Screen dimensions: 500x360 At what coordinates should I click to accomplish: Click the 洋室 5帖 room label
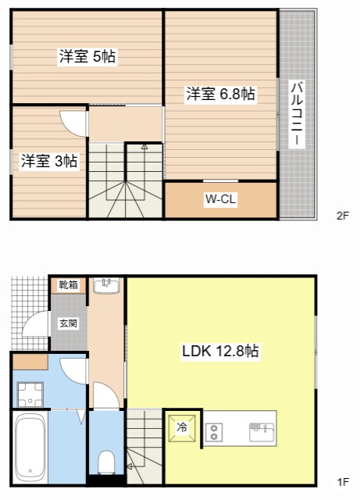point(87,56)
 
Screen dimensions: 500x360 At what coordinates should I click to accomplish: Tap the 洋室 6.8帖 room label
point(220,95)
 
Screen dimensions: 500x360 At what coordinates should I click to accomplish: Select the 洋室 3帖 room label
point(48,161)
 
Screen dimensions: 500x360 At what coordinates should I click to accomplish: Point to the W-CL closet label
point(221,199)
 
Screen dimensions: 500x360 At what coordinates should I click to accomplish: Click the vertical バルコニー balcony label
point(298,114)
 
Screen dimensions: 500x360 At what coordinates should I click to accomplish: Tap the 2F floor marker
point(342,216)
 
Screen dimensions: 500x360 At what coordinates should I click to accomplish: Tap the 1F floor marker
point(342,481)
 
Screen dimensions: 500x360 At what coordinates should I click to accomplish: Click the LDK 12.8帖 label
point(220,352)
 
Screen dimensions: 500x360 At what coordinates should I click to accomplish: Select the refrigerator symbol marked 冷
point(182,427)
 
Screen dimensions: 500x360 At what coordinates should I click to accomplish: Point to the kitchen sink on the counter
point(259,428)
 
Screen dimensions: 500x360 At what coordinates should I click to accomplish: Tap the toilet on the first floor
point(106,459)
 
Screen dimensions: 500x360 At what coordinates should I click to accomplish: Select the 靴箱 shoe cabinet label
point(68,286)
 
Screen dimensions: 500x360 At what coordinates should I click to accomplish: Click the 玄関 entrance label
point(68,321)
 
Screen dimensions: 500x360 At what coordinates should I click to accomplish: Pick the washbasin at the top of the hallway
point(106,286)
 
